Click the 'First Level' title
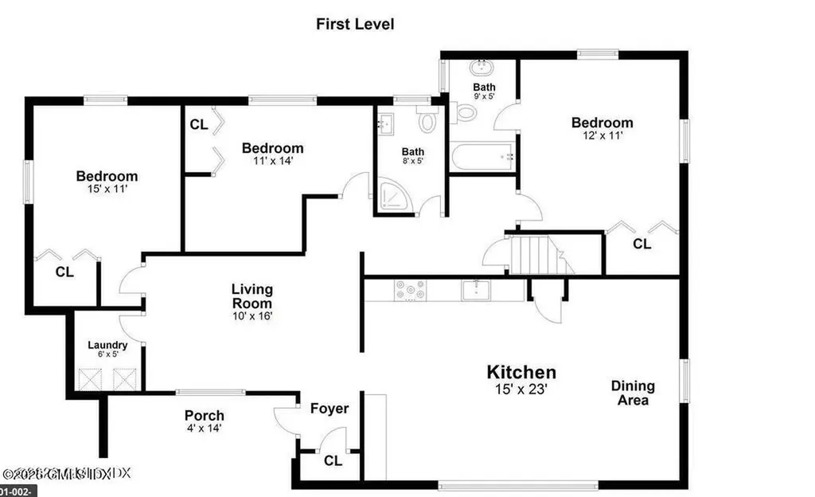tap(355, 24)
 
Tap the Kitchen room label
tap(521, 372)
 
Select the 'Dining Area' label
tap(633, 393)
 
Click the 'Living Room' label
tap(252, 296)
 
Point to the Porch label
tap(204, 416)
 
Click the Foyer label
tap(330, 409)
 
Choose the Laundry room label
tap(107, 345)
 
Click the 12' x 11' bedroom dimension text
tap(602, 136)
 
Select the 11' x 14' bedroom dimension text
tap(272, 162)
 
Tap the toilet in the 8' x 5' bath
tap(428, 123)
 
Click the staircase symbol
tap(538, 256)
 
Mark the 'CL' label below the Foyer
tap(333, 460)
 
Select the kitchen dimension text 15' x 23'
tap(521, 390)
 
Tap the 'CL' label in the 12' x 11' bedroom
tap(641, 244)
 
